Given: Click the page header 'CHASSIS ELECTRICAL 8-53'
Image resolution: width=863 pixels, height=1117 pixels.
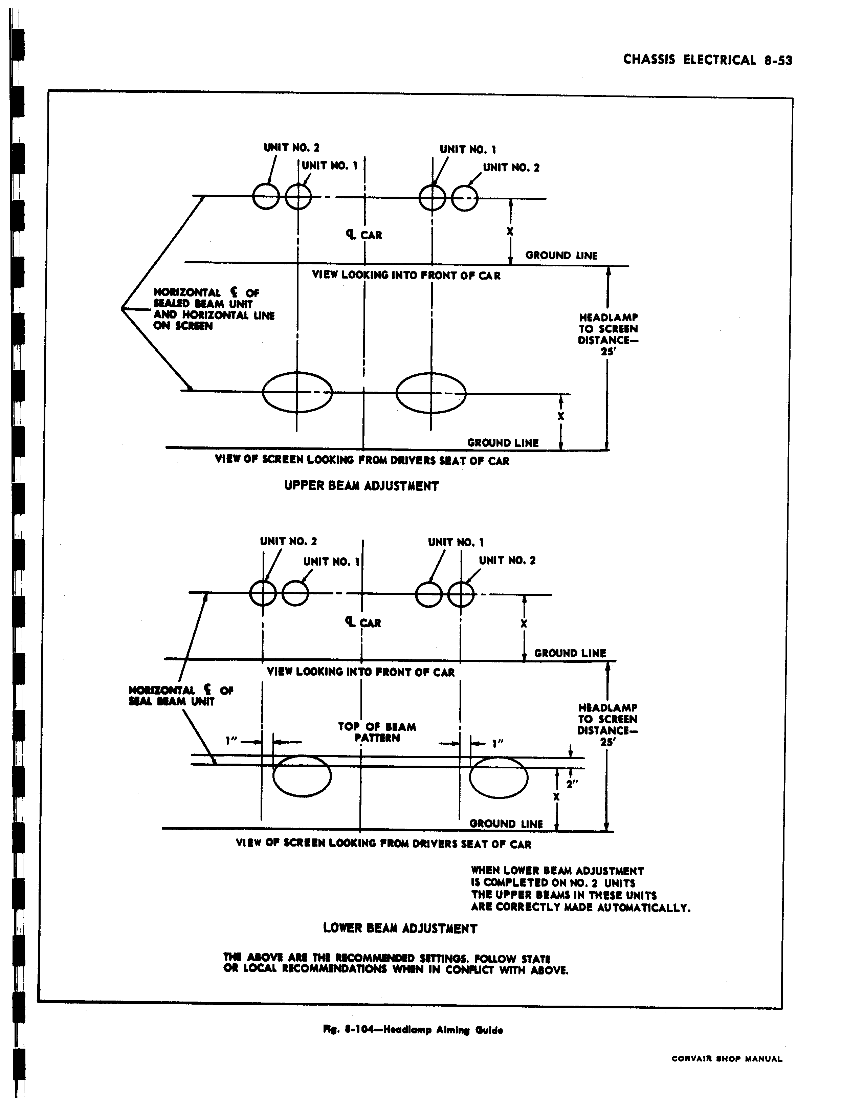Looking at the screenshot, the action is (x=708, y=60).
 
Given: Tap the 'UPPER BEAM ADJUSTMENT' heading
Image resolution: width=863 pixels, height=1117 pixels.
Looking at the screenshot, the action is (x=361, y=486).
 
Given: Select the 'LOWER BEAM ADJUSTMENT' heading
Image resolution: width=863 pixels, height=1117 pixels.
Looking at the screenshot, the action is (x=400, y=928).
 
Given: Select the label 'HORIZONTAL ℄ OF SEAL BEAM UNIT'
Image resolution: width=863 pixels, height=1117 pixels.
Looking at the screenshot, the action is (x=181, y=696).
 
